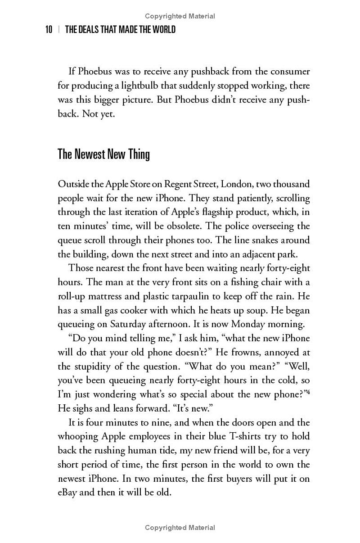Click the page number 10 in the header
[x=49, y=30]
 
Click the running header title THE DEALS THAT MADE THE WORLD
[x=120, y=30]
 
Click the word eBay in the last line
[x=68, y=492]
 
